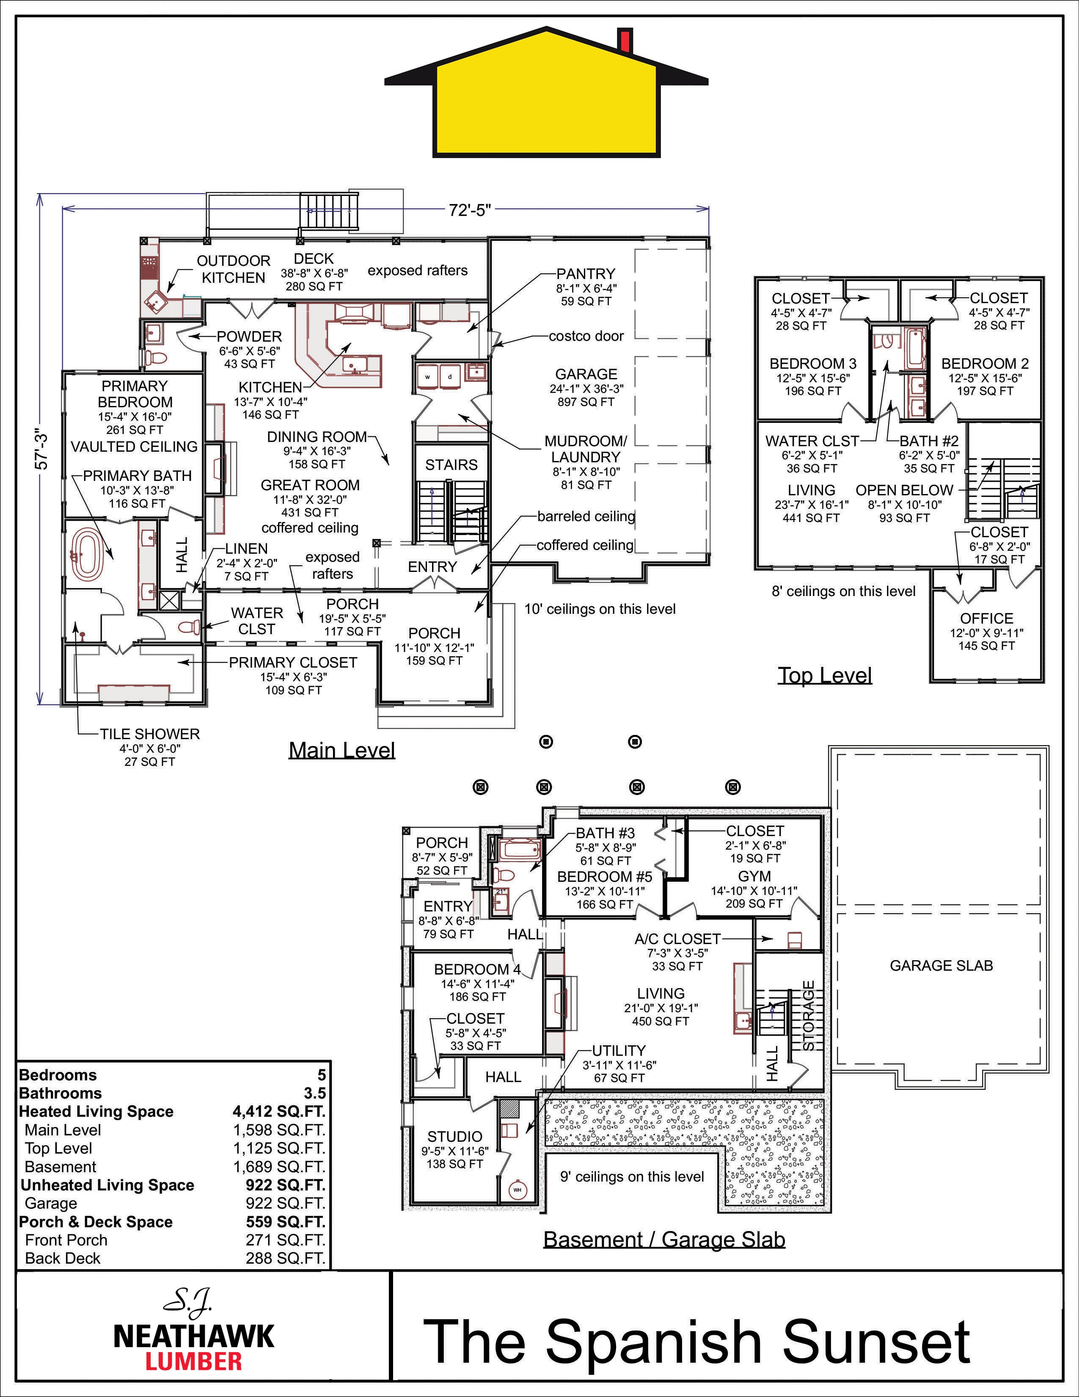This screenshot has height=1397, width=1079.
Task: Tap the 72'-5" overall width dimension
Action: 469,210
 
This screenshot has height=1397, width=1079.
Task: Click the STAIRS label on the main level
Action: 451,465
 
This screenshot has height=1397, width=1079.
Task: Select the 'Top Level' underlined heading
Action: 825,676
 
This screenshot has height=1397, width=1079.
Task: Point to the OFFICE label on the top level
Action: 986,618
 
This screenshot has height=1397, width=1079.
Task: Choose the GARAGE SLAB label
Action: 941,965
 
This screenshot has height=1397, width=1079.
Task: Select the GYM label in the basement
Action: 754,876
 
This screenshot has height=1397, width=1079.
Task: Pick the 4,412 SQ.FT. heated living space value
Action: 279,1111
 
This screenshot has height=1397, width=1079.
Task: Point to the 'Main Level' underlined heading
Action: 342,750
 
